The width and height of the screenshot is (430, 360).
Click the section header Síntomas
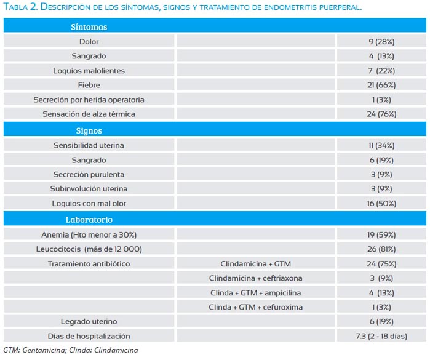tap(89, 27)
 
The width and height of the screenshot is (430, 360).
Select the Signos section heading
tap(89, 131)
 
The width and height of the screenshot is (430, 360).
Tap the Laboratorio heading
tap(89, 220)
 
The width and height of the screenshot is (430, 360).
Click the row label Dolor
tap(89, 42)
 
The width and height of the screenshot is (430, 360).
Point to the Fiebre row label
tap(89, 85)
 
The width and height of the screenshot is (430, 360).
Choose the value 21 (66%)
tap(381, 85)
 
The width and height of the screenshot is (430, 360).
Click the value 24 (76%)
tap(381, 114)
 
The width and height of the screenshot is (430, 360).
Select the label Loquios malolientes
tap(89, 71)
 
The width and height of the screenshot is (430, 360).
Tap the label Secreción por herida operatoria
tap(89, 100)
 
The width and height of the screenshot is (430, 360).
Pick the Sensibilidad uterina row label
tap(89, 145)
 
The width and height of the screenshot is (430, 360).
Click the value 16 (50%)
tap(381, 204)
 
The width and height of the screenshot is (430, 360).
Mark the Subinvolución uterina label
tap(89, 189)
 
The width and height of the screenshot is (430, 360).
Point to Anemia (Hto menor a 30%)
tap(89, 235)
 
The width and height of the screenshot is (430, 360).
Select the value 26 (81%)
tap(381, 249)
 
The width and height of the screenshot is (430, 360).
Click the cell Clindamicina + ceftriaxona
tap(255, 278)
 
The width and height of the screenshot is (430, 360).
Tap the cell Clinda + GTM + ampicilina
tap(255, 293)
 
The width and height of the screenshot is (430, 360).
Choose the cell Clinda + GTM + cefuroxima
tap(255, 307)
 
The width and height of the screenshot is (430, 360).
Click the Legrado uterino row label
tap(89, 322)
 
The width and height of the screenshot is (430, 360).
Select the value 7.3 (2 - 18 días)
tap(381, 336)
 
